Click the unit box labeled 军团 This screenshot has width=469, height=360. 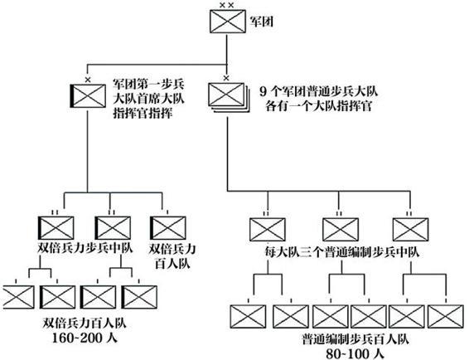(x=228, y=21)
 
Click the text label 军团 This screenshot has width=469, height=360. (x=262, y=22)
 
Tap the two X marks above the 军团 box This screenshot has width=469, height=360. (x=226, y=5)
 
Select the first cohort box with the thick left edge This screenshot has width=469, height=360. (x=88, y=96)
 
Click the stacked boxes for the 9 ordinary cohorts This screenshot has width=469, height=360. (x=229, y=98)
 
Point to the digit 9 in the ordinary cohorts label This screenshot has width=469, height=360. (x=263, y=92)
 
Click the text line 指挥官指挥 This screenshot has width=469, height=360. (x=143, y=114)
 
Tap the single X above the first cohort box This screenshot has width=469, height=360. (x=88, y=80)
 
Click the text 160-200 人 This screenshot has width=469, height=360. (x=85, y=338)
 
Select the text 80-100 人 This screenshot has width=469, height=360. (x=355, y=354)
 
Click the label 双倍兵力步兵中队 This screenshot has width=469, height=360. (x=85, y=248)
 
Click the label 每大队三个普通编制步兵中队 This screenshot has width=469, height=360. (x=342, y=252)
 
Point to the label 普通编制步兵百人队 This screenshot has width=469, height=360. (x=355, y=339)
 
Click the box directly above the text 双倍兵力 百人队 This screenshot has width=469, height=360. (x=168, y=228)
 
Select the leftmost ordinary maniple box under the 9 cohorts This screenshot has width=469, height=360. (x=268, y=230)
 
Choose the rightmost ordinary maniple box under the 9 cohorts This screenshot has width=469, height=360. (x=410, y=230)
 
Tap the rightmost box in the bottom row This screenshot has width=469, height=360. (x=446, y=316)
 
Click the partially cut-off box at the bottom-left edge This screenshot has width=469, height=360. (x=17, y=297)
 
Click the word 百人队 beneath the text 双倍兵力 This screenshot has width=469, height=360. (x=172, y=264)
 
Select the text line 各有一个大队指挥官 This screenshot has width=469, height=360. (x=319, y=106)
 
